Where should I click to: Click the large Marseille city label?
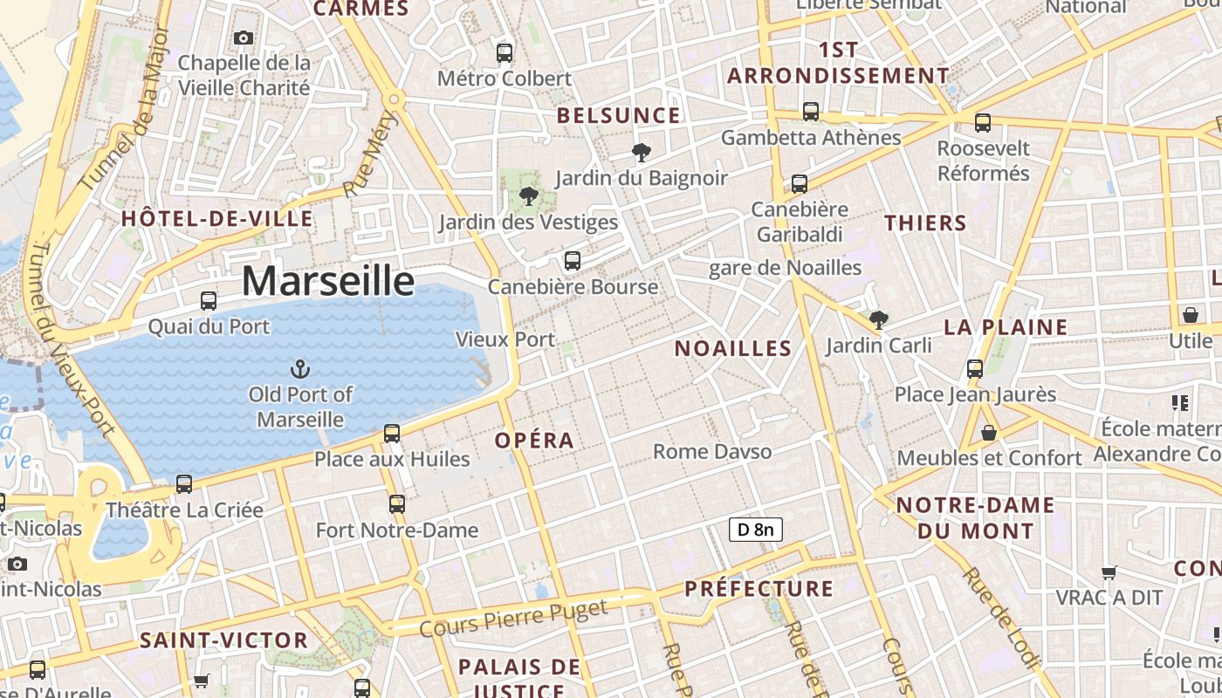[x=327, y=281]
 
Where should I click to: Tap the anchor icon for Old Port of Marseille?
[x=300, y=369]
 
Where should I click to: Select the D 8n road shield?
[x=755, y=529]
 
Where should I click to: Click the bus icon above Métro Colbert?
[x=505, y=53]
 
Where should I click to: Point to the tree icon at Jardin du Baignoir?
[x=642, y=154]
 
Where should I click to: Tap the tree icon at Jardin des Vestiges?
[x=528, y=196]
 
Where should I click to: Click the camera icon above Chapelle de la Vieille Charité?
[x=244, y=38]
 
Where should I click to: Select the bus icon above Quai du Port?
[x=209, y=301]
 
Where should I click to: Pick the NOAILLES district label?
[x=733, y=349]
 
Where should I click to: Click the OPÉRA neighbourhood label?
[x=534, y=441]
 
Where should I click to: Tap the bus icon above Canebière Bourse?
[x=573, y=261]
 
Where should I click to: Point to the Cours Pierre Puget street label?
[x=513, y=619]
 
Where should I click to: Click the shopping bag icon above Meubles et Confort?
[x=989, y=433]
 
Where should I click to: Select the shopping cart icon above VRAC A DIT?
[x=1109, y=573]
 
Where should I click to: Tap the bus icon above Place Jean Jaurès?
[x=975, y=369]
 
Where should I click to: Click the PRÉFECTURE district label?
[x=759, y=589]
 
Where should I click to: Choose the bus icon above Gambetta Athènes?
[x=811, y=112]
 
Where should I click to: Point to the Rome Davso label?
[x=712, y=451]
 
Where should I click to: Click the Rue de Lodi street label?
[x=1000, y=618]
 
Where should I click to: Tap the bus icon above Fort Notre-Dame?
[x=397, y=504]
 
